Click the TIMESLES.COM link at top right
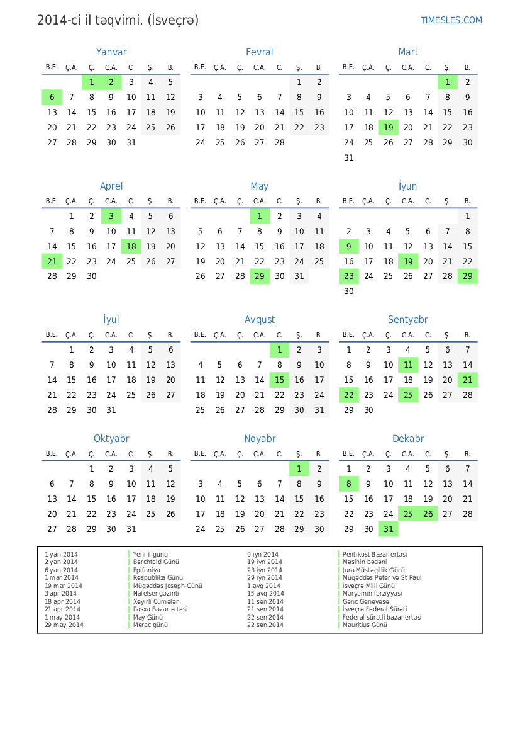coord(451,20)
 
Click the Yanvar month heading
coord(111,52)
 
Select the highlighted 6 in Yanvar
coord(52,97)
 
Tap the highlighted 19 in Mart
coord(388,127)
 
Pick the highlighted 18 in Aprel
coord(131,246)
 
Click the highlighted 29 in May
coord(259,276)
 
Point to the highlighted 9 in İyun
coord(348,246)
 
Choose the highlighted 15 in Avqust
coord(279,380)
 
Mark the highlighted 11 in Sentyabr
coord(407,365)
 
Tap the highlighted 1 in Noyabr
coord(299,468)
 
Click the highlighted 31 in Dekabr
coord(388,529)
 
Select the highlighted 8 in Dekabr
coord(348,484)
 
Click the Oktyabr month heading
coord(111,439)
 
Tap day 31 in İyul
coord(111,410)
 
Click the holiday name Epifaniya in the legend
coord(147,570)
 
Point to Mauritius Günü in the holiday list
coord(365,625)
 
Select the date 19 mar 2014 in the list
coord(63,586)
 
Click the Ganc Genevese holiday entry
coord(366,601)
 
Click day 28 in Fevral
coord(279,142)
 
